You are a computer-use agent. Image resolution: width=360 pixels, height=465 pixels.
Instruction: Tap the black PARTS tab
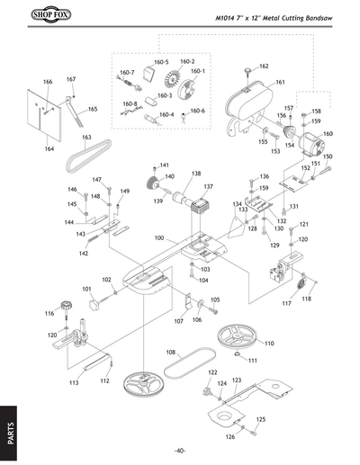[10, 429]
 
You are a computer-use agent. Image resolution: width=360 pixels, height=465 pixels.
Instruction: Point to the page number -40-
[180, 450]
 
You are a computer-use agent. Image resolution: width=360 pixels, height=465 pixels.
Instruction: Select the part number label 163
[86, 138]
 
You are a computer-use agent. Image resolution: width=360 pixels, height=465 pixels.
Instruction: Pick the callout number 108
[170, 352]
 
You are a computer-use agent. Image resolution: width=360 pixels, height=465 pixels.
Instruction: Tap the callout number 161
[281, 82]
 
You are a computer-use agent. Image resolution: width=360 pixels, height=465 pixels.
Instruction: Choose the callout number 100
[158, 238]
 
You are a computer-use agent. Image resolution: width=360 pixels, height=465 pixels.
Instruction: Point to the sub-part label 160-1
[197, 71]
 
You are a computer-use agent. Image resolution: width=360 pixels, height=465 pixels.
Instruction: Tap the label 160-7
[127, 72]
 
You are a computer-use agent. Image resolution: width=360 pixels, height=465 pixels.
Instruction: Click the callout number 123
[237, 380]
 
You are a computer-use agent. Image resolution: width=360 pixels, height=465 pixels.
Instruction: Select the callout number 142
[83, 254]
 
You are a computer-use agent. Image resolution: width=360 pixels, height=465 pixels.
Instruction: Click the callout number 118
[306, 299]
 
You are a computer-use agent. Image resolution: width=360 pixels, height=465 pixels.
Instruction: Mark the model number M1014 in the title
[230, 17]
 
